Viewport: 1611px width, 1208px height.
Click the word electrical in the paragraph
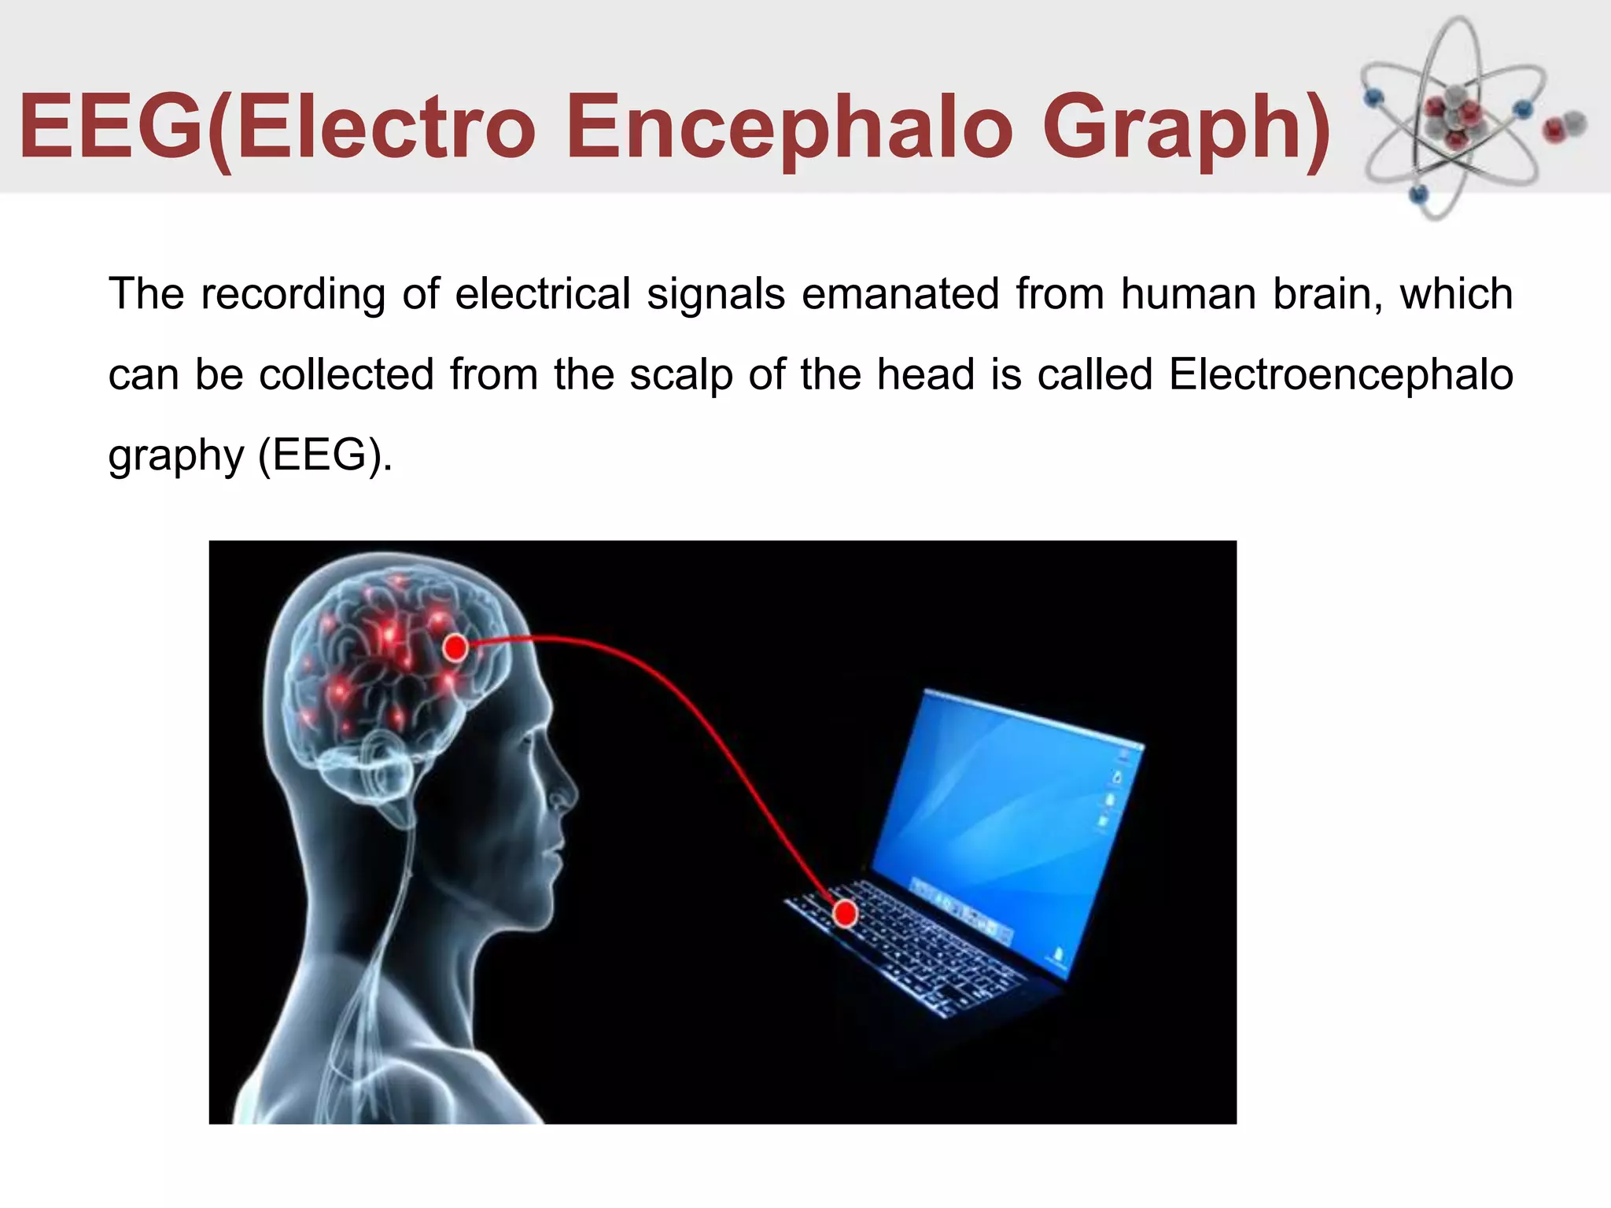[542, 293]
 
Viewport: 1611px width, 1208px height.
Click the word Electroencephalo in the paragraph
[1340, 374]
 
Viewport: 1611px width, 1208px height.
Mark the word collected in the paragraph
[346, 374]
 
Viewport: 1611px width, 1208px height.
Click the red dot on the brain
[455, 648]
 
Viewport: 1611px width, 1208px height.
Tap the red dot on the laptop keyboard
[846, 914]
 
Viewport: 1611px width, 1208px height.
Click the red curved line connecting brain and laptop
[692, 708]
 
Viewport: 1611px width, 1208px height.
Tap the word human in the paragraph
[1189, 293]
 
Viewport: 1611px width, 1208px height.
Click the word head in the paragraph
[926, 374]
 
